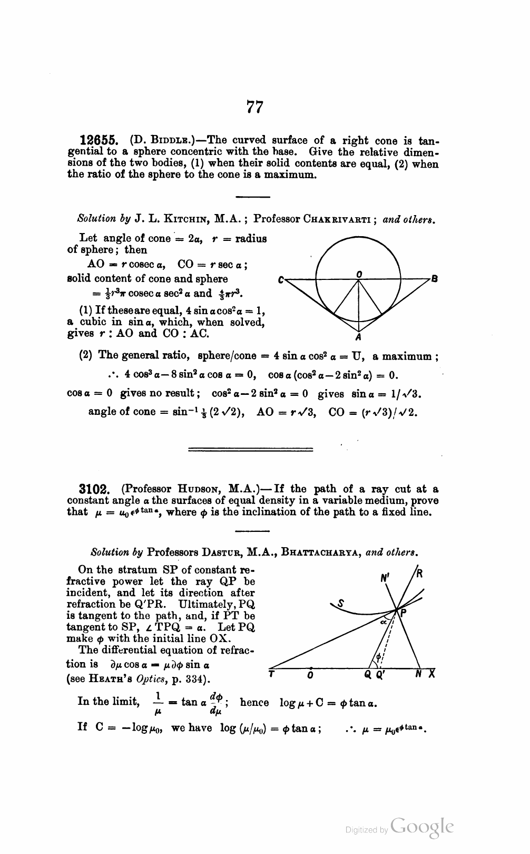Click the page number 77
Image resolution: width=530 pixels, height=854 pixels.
tap(254, 107)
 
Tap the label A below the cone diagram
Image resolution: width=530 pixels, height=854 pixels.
tap(358, 337)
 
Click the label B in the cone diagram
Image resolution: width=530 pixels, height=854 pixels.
tap(435, 279)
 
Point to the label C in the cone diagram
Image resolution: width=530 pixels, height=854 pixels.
tap(282, 280)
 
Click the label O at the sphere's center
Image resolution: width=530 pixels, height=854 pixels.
tap(359, 274)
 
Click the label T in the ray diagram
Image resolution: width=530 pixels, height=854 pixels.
tap(271, 674)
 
